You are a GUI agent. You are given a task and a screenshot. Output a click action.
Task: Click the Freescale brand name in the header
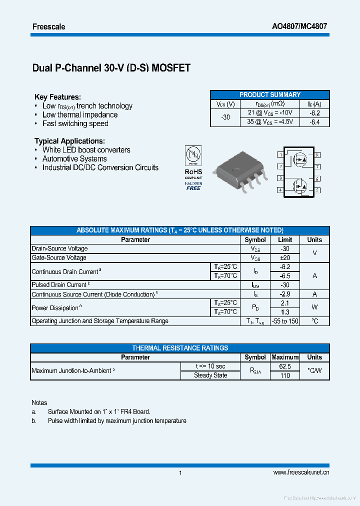tap(48, 26)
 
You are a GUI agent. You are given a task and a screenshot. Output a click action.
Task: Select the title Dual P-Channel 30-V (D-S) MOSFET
tap(111, 68)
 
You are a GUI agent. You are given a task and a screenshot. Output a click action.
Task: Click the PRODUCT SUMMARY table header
tap(270, 94)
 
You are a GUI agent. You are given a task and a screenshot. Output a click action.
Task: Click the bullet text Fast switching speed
tap(75, 123)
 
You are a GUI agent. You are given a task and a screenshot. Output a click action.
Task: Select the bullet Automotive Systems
tap(74, 158)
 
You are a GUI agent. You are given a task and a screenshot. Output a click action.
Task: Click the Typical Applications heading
tap(69, 141)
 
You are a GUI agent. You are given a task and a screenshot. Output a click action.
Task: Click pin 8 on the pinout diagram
tap(317, 155)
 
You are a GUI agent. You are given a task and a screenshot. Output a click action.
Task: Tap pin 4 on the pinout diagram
tap(280, 190)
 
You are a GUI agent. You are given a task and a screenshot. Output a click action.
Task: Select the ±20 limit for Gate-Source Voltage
tap(285, 257)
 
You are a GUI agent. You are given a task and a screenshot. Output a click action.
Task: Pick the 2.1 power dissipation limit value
tap(285, 303)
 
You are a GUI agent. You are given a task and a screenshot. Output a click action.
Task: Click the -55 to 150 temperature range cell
tap(285, 321)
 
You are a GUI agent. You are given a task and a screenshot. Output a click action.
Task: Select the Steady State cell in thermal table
tap(210, 375)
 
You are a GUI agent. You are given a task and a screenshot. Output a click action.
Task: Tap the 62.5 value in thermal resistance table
tap(285, 366)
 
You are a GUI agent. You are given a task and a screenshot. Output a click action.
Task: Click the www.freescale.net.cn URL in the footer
tap(301, 472)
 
